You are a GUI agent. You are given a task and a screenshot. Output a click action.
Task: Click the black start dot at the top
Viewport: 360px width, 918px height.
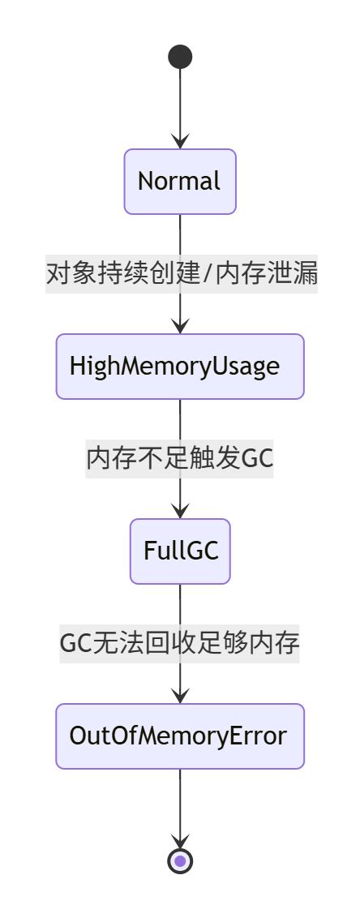pos(180,57)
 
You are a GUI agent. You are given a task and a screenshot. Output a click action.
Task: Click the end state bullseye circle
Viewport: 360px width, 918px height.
pos(180,860)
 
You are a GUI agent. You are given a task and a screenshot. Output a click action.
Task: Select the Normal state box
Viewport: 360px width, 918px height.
pos(180,181)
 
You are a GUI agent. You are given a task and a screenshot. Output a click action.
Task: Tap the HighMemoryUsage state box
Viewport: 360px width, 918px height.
pos(180,367)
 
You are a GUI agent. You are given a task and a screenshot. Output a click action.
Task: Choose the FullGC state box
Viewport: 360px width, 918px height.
pos(180,551)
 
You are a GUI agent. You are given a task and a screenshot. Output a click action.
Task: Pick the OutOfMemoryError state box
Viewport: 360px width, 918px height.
pos(180,736)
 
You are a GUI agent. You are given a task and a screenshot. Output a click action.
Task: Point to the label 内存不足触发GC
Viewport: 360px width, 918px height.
pos(180,459)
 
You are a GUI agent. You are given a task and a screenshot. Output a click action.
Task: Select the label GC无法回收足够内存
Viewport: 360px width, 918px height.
pos(180,644)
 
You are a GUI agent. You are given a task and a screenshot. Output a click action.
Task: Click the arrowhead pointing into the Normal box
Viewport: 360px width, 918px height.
pos(180,141)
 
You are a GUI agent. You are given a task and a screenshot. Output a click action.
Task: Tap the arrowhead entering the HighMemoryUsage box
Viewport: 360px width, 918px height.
pos(180,326)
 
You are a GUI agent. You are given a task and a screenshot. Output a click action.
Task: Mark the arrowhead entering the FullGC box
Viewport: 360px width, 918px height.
pos(180,511)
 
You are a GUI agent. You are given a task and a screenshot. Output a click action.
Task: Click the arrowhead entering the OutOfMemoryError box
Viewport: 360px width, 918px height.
pos(180,696)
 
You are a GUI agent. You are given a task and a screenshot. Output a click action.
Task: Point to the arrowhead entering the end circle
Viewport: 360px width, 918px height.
pos(180,840)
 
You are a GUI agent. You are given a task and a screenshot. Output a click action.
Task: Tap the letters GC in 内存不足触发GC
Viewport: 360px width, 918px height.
pos(258,459)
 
